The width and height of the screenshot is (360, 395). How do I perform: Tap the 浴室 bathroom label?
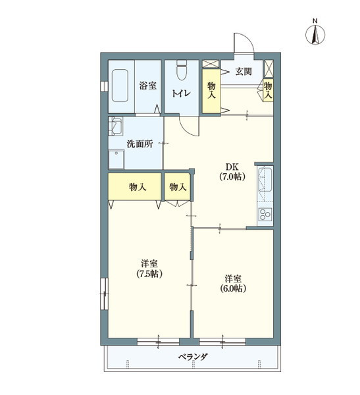pos(147,86)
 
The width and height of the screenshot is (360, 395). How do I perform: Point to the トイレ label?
pos(181,93)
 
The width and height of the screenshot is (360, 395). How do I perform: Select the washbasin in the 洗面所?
pos(116,126)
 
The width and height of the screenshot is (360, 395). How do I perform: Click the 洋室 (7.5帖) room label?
pos(149,268)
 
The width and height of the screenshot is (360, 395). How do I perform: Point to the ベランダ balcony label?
pos(193,357)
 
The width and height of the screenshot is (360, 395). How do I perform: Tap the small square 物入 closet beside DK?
pos(178,187)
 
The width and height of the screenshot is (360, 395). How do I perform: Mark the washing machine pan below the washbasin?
pos(118,159)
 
